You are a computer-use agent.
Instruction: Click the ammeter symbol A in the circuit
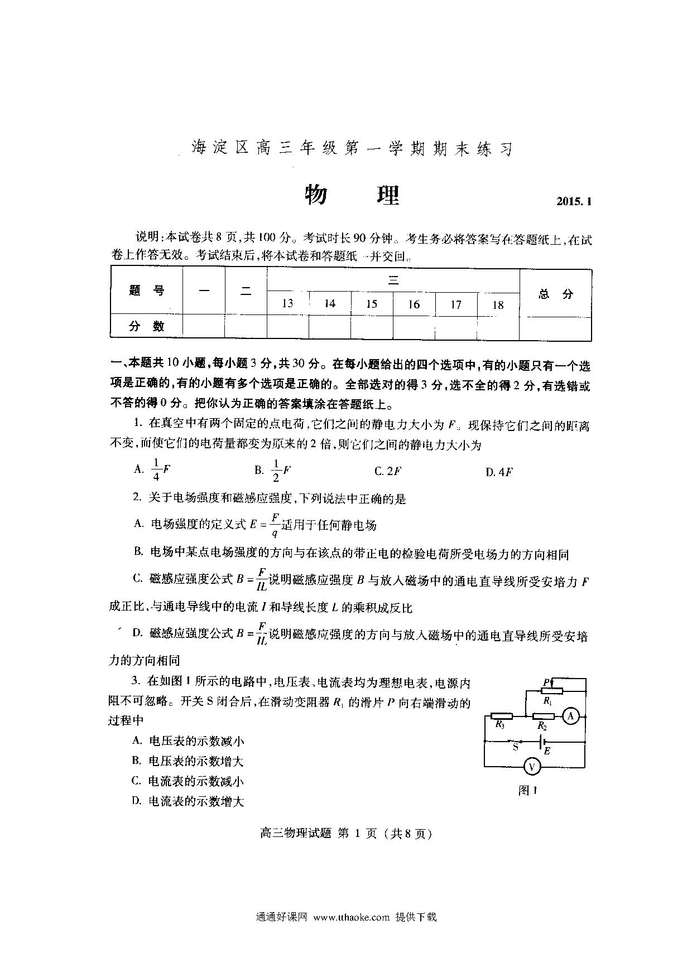[x=570, y=716]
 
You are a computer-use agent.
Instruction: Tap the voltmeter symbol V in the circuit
[x=532, y=767]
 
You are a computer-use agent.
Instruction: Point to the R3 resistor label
[x=500, y=725]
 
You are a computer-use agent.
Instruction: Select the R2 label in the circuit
[x=541, y=726]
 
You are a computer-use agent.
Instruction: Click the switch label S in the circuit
[x=515, y=747]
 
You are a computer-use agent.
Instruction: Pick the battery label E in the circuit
[x=547, y=751]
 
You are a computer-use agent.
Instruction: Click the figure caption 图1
[x=527, y=790]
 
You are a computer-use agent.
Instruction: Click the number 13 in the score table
[x=287, y=303]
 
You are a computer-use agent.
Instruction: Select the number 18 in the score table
[x=498, y=305]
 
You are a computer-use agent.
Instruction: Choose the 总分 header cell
[x=556, y=294]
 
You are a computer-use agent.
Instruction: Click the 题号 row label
[x=147, y=291]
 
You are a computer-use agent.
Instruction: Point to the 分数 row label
[x=147, y=326]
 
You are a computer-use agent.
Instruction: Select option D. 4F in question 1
[x=499, y=472]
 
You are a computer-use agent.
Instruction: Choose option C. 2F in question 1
[x=388, y=471]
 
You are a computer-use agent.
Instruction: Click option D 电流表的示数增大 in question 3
[x=188, y=801]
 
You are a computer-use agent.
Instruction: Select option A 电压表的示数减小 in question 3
[x=188, y=741]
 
